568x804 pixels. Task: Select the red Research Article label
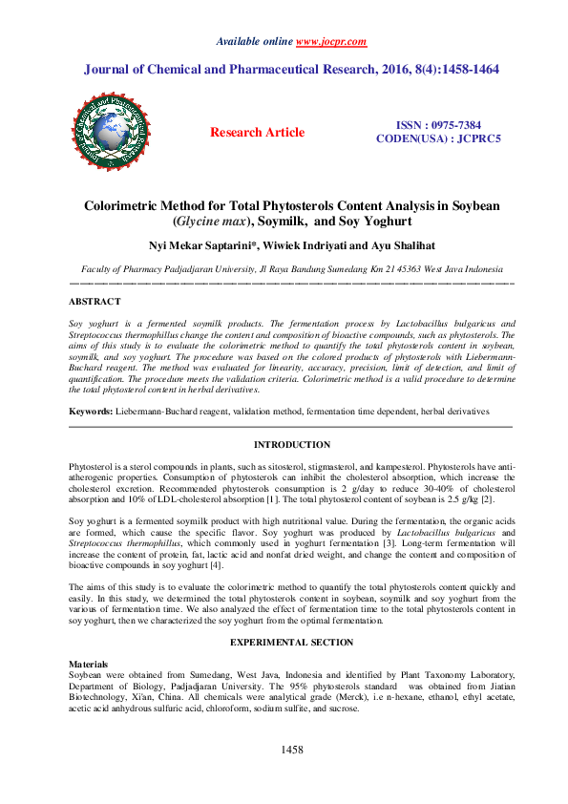pos(258,133)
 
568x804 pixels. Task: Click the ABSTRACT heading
pos(95,302)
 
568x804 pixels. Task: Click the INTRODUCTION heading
pos(291,445)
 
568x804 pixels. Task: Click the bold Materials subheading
pos(89,663)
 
